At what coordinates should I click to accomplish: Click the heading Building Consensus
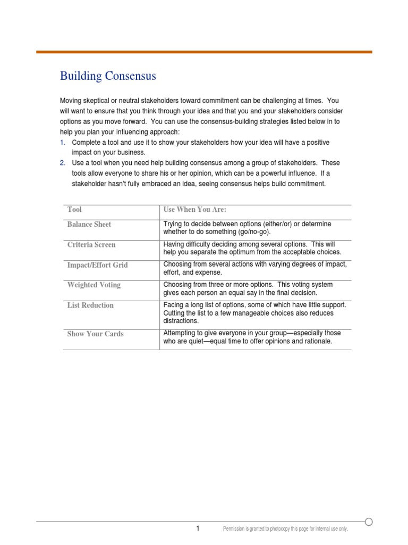pos(108,76)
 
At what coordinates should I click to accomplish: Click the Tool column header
pos(74,210)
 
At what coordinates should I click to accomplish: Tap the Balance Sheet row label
pos(89,225)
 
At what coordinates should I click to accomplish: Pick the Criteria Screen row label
pos(91,245)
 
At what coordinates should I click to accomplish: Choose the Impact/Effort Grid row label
pos(98,265)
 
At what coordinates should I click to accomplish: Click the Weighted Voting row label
pos(94,285)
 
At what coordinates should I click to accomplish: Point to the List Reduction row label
pos(90,305)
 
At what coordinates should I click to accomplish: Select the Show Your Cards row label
pos(96,334)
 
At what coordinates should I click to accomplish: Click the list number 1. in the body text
pos(62,143)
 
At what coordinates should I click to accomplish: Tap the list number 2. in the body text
pos(62,163)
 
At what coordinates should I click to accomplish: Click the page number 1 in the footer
pos(198,529)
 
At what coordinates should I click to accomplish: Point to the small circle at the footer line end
pos(369,522)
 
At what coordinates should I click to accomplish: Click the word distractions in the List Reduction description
pos(181,321)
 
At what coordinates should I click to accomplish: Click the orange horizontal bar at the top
pos(204,52)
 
